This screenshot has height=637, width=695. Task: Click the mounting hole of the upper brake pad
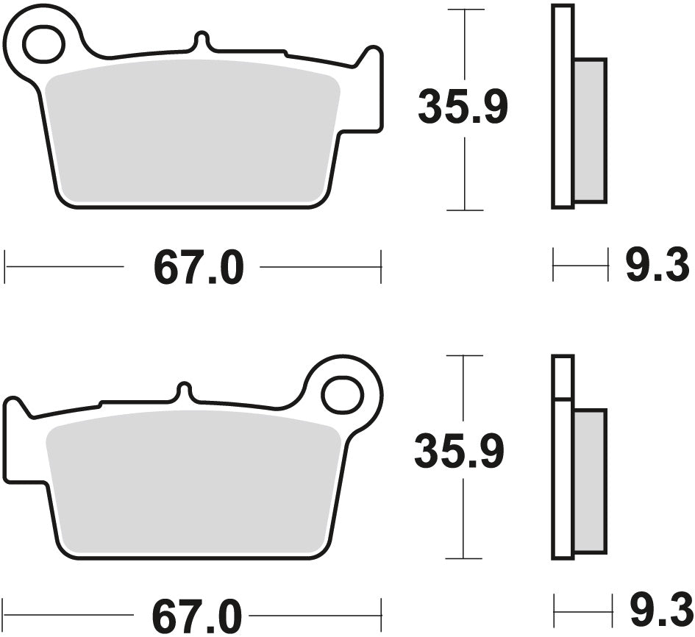[x=43, y=44]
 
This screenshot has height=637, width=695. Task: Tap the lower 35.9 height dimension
[x=459, y=452]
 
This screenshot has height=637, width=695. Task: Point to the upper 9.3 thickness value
[x=657, y=266]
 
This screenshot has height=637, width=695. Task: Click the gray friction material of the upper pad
[x=191, y=132]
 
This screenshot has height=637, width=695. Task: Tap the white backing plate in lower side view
[x=563, y=478]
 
